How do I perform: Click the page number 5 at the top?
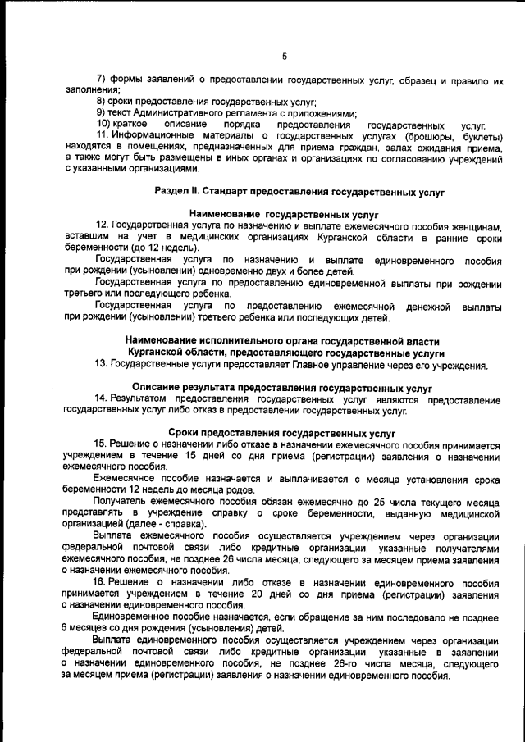pyautogui.click(x=284, y=57)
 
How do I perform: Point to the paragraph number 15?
pyautogui.click(x=102, y=444)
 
